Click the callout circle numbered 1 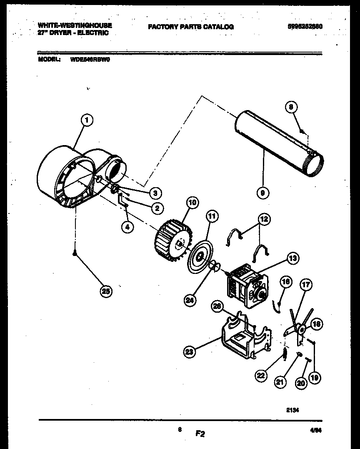86,120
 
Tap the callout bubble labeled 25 107,291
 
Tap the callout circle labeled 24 191,299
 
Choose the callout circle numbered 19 315,378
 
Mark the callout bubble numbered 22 261,376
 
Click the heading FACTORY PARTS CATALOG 190,27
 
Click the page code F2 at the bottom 200,434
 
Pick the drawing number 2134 292,410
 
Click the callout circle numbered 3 155,193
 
